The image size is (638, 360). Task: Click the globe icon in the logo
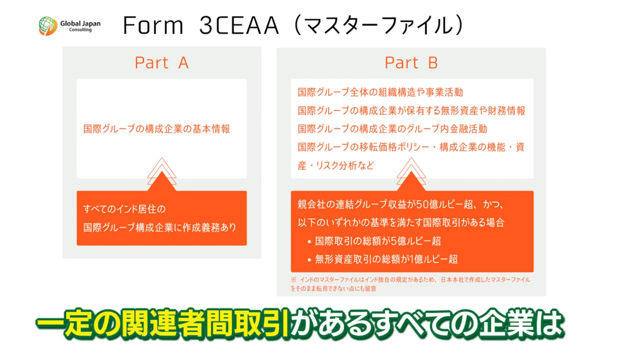click(x=48, y=26)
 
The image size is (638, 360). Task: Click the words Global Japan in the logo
click(x=80, y=23)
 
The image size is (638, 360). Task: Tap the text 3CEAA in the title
click(x=239, y=26)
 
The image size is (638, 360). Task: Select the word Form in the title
click(x=153, y=26)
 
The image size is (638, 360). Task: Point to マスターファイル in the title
click(x=379, y=26)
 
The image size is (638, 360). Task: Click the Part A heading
click(x=162, y=63)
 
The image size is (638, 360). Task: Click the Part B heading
click(x=411, y=63)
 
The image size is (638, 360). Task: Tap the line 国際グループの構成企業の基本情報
click(x=157, y=129)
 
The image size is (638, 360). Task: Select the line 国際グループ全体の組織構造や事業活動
click(x=380, y=92)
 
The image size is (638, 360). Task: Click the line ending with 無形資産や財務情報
click(x=412, y=111)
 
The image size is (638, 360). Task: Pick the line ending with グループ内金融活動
click(x=393, y=129)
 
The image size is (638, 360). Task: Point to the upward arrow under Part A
click(x=162, y=174)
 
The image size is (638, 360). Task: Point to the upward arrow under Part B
click(x=411, y=174)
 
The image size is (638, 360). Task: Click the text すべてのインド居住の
click(x=124, y=209)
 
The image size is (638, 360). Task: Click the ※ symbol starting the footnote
click(x=293, y=280)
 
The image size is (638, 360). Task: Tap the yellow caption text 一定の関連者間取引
click(x=163, y=324)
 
